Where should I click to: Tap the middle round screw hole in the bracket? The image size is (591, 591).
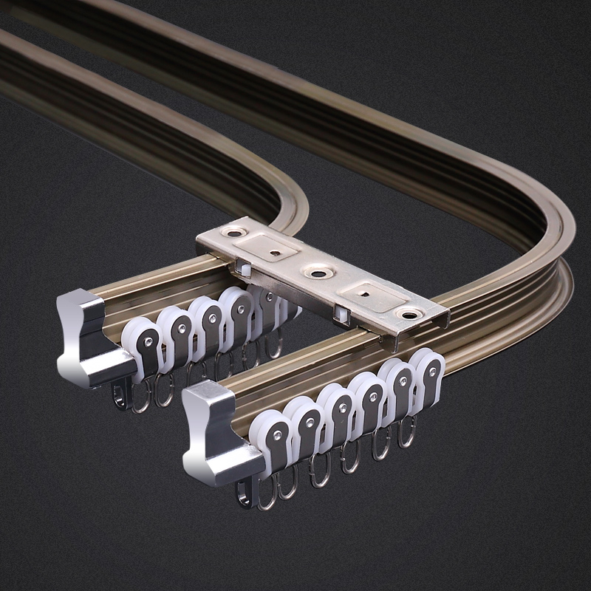319,274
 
